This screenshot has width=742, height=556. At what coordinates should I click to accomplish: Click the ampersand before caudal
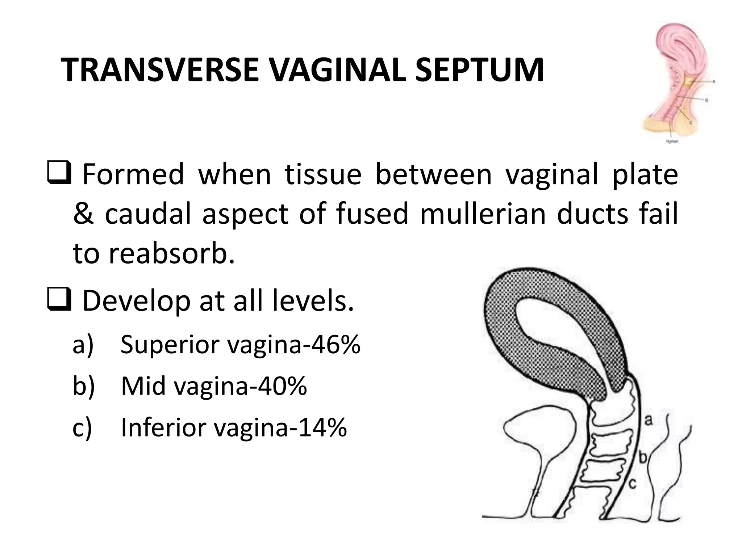(x=83, y=214)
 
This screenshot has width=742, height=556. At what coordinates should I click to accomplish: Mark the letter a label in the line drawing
(x=649, y=420)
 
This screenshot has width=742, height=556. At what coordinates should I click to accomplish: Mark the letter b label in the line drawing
(x=643, y=458)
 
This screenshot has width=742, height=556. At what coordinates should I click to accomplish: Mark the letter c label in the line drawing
(x=632, y=483)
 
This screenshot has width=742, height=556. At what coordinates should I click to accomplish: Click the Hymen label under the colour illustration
(x=672, y=142)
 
